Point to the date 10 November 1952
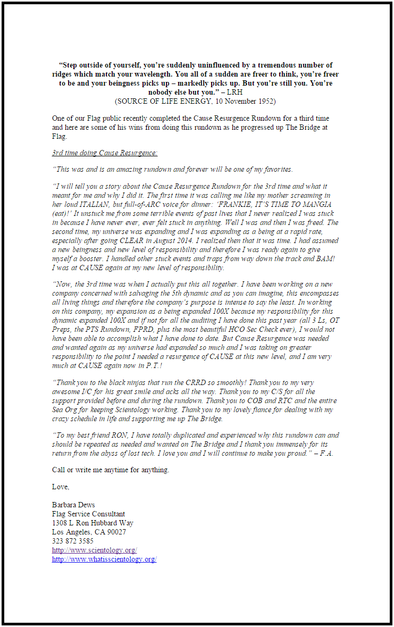coord(245,101)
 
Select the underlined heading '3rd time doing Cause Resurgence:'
coord(105,153)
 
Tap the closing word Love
coord(60,487)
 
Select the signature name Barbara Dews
coord(74,505)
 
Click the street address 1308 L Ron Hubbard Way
coord(93,523)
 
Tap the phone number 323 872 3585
coord(72,541)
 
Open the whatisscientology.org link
coord(104,559)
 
